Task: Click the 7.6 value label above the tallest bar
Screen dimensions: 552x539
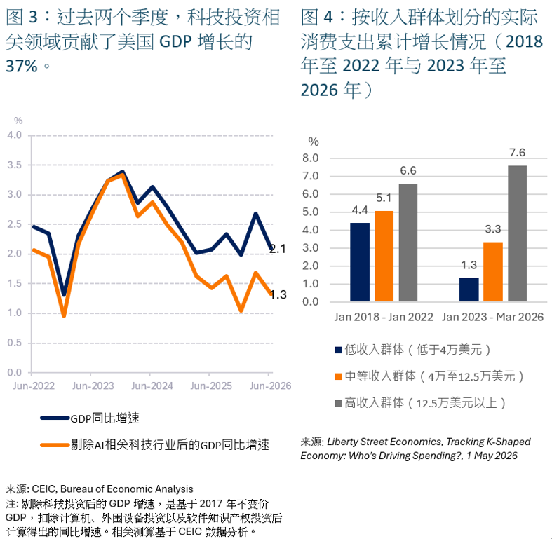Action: pos(517,153)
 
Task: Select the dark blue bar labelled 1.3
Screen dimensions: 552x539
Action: pos(469,289)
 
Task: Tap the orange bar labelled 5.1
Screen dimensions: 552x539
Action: pos(384,256)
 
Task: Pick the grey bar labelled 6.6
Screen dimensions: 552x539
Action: pos(408,243)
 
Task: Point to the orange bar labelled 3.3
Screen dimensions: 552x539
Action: pos(493,272)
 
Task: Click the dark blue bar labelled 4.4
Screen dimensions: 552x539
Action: pos(360,262)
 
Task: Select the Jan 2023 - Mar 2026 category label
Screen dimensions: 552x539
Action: pos(493,317)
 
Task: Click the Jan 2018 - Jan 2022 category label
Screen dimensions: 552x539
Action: pos(384,317)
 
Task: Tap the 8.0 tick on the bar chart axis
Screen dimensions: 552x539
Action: pos(310,158)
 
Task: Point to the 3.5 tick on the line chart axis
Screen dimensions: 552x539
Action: pos(15,165)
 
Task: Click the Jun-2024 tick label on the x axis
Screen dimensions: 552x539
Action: pos(152,386)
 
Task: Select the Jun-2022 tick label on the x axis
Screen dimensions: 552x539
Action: pos(34,386)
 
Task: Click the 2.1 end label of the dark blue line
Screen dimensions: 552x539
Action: pos(278,249)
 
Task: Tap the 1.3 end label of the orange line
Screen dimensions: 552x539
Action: pos(278,294)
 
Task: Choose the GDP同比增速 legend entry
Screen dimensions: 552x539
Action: pos(90,418)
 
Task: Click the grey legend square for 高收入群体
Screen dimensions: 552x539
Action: pos(338,403)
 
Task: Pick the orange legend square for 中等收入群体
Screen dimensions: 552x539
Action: pos(338,376)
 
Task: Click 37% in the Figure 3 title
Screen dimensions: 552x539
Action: pos(22,66)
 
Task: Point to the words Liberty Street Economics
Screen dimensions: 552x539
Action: pos(384,442)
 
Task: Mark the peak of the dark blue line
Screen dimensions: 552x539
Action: pos(123,172)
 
